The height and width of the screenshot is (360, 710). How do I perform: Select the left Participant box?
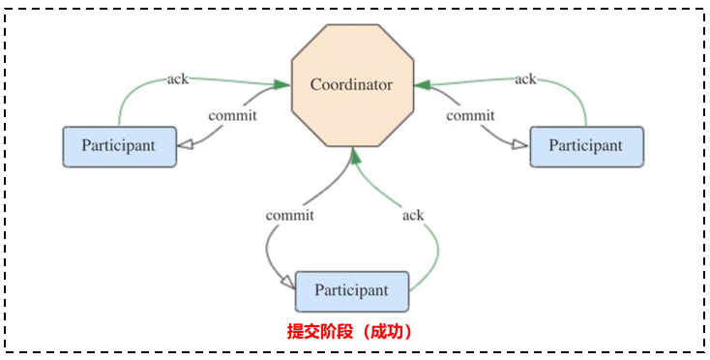120,146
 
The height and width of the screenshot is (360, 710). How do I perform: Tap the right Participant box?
586,146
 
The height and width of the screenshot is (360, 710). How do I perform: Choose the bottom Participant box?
351,290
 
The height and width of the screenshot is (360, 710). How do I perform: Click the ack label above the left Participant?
177,78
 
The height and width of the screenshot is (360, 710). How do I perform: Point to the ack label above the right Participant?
525,78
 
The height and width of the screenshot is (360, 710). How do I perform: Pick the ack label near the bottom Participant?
413,214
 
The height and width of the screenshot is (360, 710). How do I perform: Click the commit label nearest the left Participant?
233,115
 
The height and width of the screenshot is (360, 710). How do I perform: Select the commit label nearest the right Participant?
471,115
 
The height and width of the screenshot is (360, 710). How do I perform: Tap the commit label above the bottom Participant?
290,214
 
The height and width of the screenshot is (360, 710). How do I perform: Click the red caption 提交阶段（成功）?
351,331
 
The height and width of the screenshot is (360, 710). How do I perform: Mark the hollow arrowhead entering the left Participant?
188,145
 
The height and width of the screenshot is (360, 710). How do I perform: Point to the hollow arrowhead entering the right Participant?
519,145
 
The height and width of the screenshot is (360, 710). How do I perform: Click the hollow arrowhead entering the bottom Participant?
286,283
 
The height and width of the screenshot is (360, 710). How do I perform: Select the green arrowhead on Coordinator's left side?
281,85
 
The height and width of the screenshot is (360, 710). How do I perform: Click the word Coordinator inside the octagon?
352,85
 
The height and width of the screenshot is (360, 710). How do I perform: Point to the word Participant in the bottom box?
351,290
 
